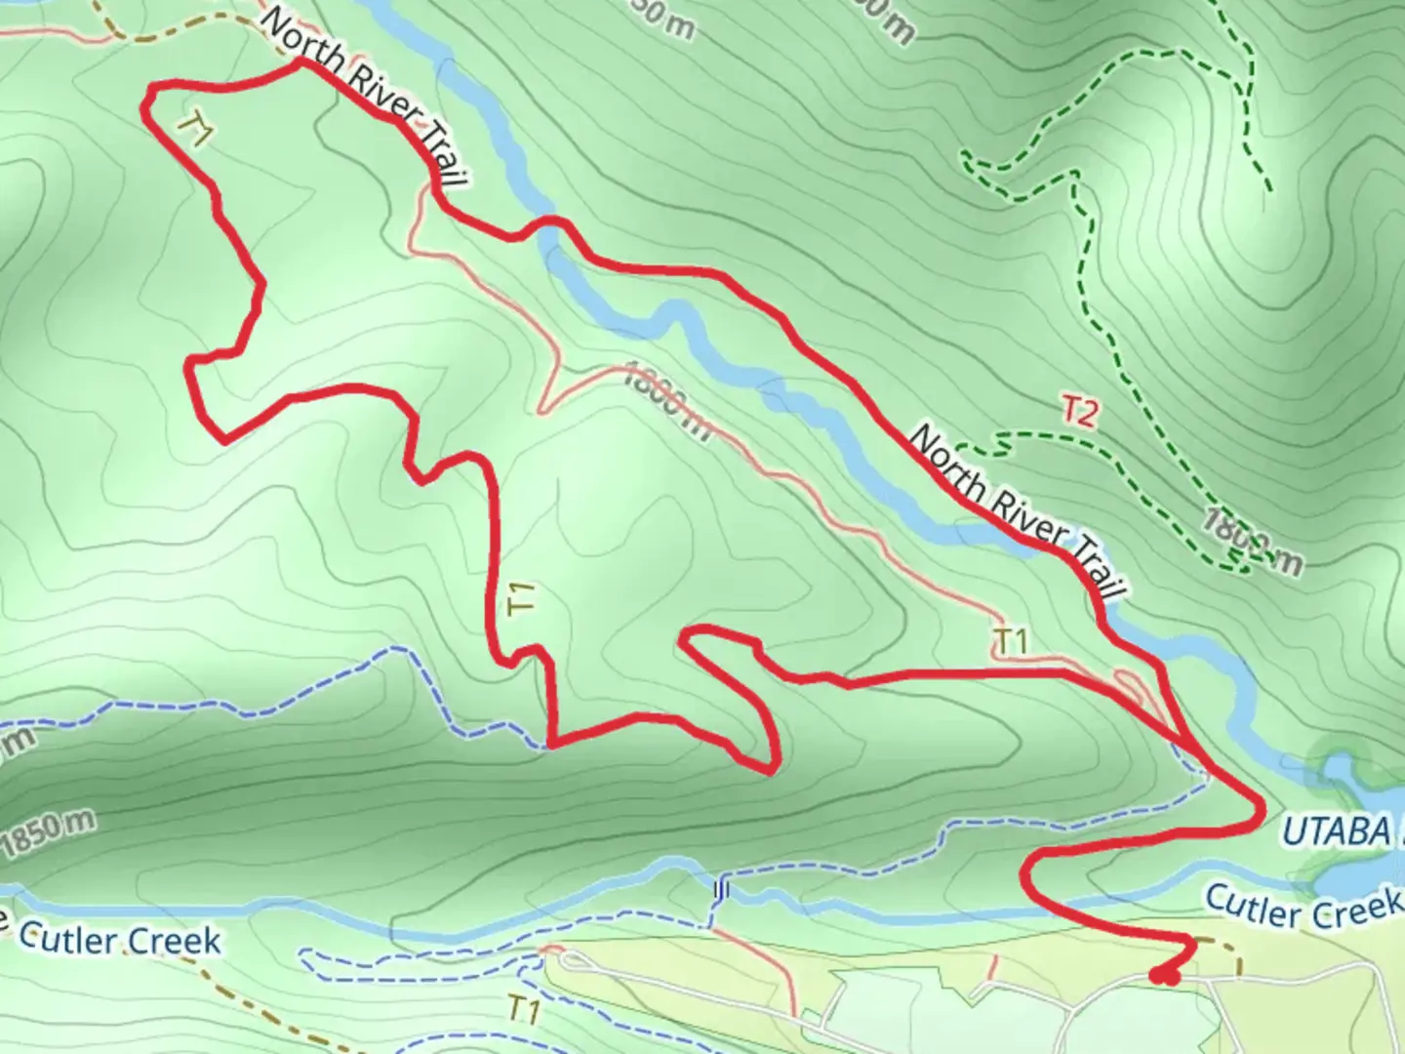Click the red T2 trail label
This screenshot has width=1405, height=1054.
1079,412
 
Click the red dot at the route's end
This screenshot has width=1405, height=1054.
1164,975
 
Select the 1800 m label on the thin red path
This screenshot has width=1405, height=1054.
667,401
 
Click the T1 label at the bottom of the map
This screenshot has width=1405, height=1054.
524,1011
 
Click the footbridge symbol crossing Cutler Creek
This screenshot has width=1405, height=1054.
720,890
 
